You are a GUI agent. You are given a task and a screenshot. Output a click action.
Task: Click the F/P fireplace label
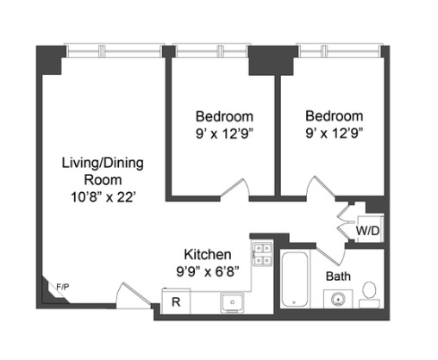62,286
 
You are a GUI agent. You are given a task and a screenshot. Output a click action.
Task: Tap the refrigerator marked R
175,301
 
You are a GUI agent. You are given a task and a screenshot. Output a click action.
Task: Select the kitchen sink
230,301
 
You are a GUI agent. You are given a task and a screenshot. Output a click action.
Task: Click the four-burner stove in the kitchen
261,253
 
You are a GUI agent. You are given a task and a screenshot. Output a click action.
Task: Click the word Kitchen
208,254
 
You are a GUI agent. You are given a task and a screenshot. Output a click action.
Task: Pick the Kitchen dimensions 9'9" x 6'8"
208,270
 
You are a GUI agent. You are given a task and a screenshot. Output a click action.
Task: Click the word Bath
337,276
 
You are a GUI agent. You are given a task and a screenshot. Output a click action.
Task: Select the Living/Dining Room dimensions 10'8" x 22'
102,196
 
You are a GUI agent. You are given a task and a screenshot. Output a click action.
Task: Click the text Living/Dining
102,163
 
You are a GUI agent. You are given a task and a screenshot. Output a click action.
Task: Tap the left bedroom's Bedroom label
224,116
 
